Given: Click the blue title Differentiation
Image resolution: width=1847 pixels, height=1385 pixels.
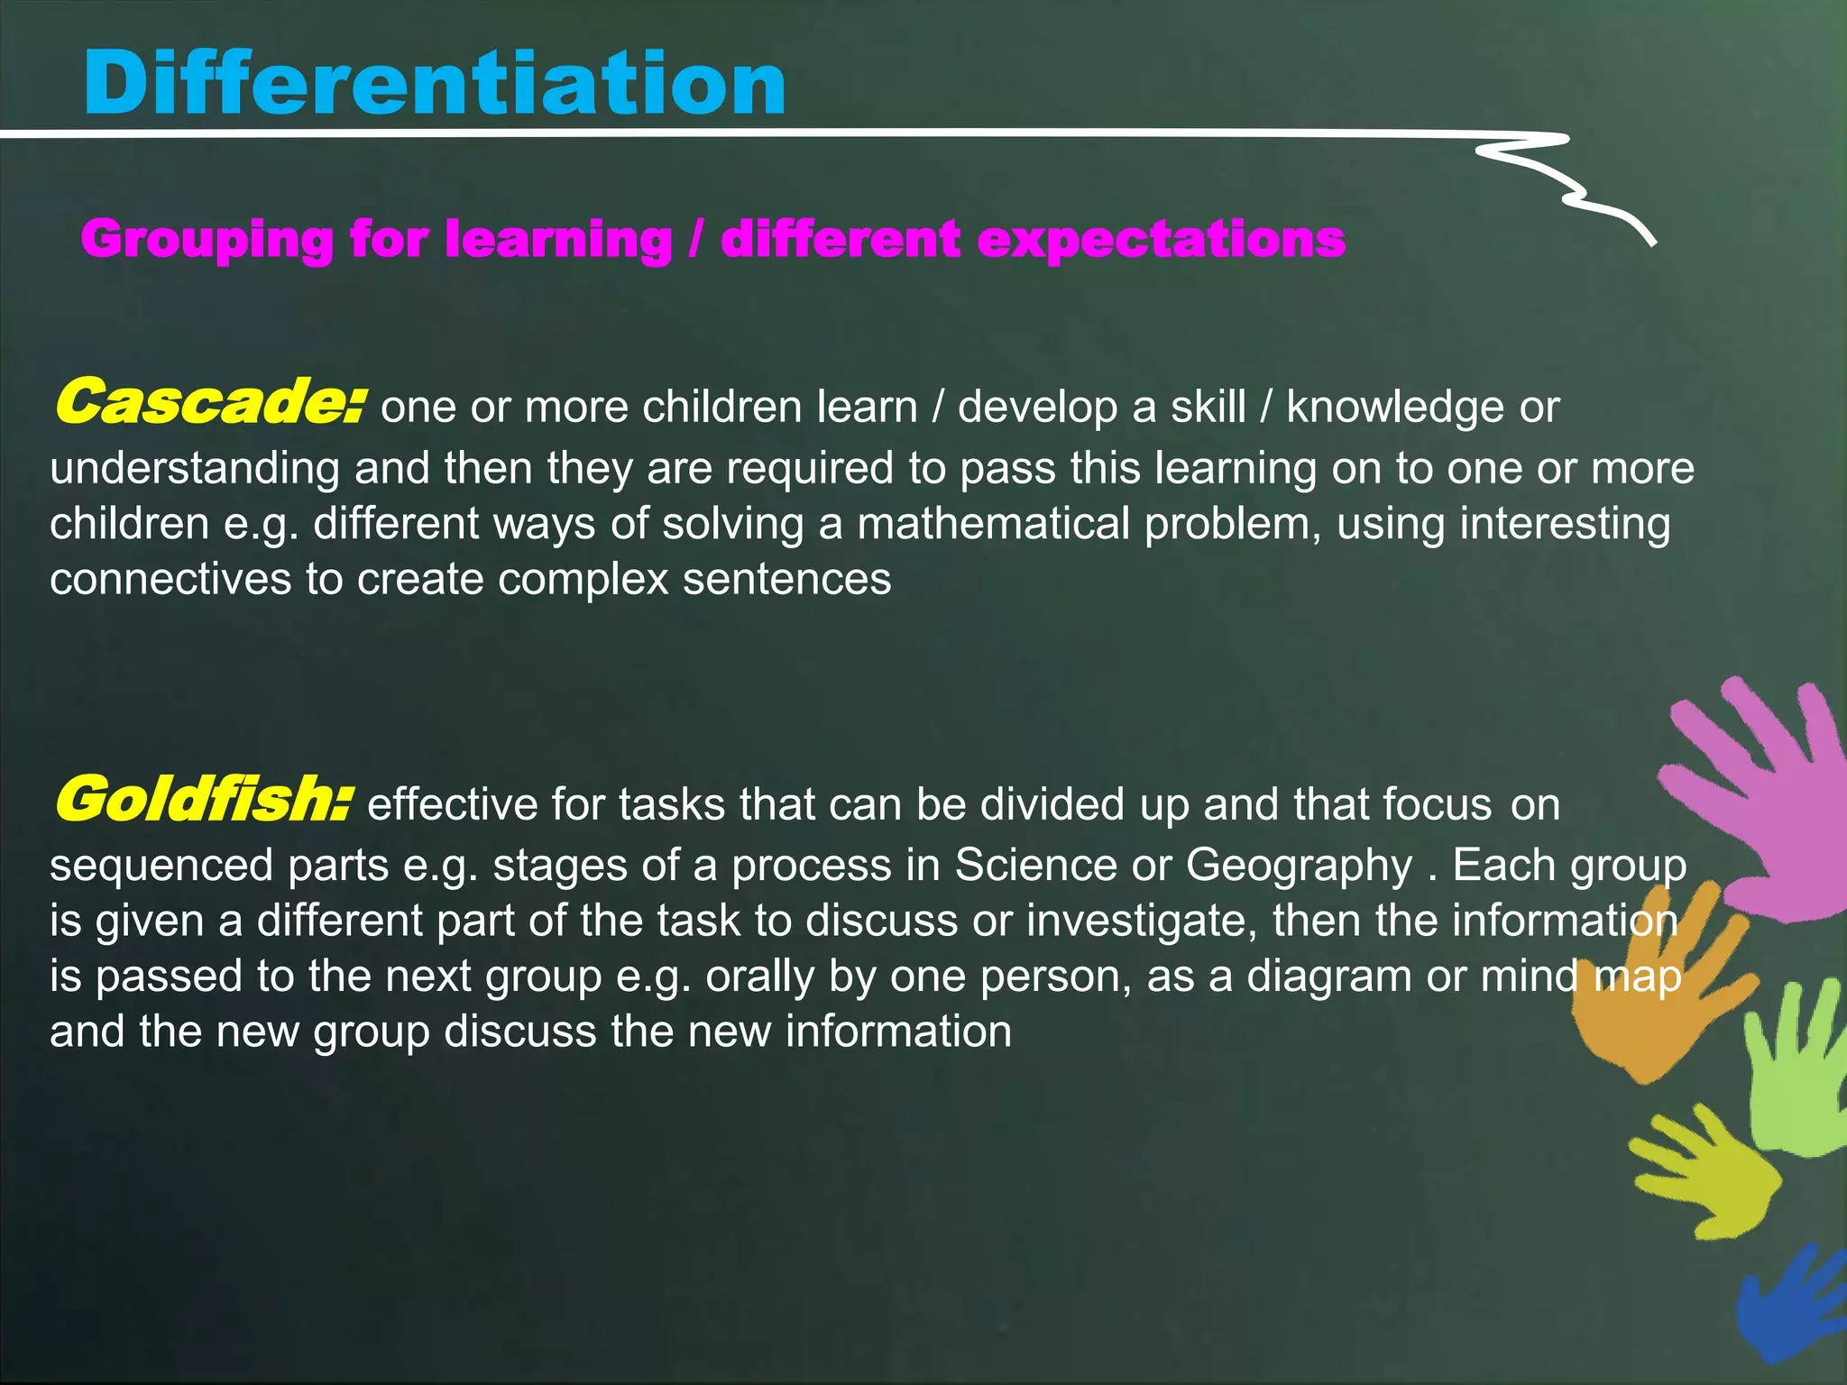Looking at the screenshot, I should (434, 83).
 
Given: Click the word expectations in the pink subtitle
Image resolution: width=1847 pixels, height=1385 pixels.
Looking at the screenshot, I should (1161, 240).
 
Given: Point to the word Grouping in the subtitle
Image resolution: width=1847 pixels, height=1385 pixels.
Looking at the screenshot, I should (207, 240).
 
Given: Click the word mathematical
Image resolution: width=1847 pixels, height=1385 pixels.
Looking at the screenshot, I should (992, 524).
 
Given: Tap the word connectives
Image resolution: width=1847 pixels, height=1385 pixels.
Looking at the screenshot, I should (170, 579).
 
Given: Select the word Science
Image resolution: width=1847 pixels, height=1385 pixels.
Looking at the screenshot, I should (1036, 865).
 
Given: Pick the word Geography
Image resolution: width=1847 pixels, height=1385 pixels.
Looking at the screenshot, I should (1299, 866).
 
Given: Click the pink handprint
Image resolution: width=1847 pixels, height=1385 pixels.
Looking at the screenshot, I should (1763, 793).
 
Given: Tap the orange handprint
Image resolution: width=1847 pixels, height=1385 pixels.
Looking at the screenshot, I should (1650, 1001).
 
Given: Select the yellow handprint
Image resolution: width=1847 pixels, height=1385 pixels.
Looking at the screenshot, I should (1709, 1172).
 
